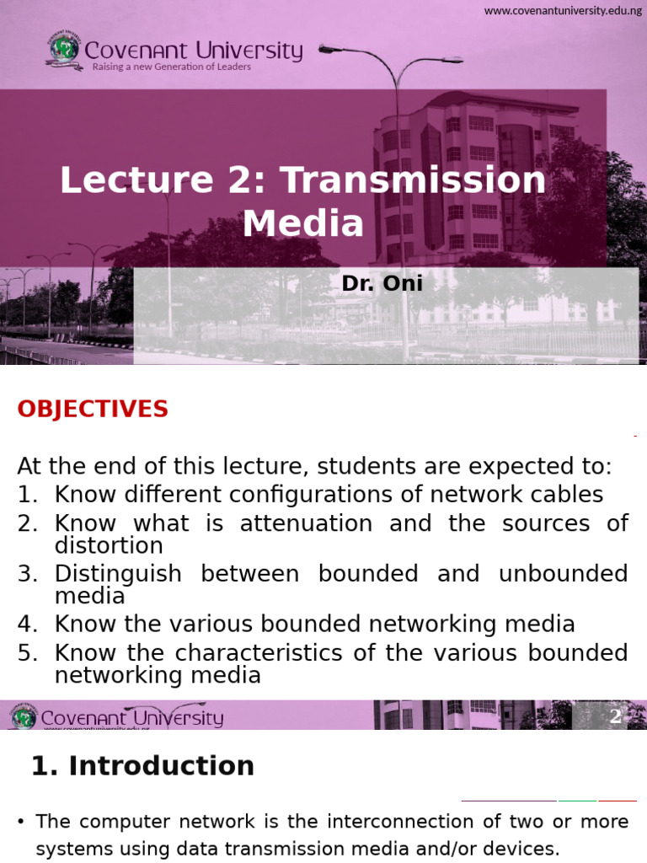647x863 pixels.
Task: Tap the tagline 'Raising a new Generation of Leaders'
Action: pos(171,67)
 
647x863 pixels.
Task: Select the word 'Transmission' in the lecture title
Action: pos(413,180)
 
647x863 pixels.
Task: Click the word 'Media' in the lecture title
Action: pos(303,223)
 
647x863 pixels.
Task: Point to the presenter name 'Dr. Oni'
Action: pos(382,284)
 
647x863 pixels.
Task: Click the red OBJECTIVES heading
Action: pos(93,410)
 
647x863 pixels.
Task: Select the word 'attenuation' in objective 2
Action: pos(306,523)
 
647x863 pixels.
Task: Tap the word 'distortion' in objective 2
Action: pos(109,545)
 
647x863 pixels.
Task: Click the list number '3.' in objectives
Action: pos(28,574)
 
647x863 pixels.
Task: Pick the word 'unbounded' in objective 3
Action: pos(563,574)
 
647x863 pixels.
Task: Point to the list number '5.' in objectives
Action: pos(28,653)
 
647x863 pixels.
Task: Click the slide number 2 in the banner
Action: pos(615,716)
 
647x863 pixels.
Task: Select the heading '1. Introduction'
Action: pos(142,766)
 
